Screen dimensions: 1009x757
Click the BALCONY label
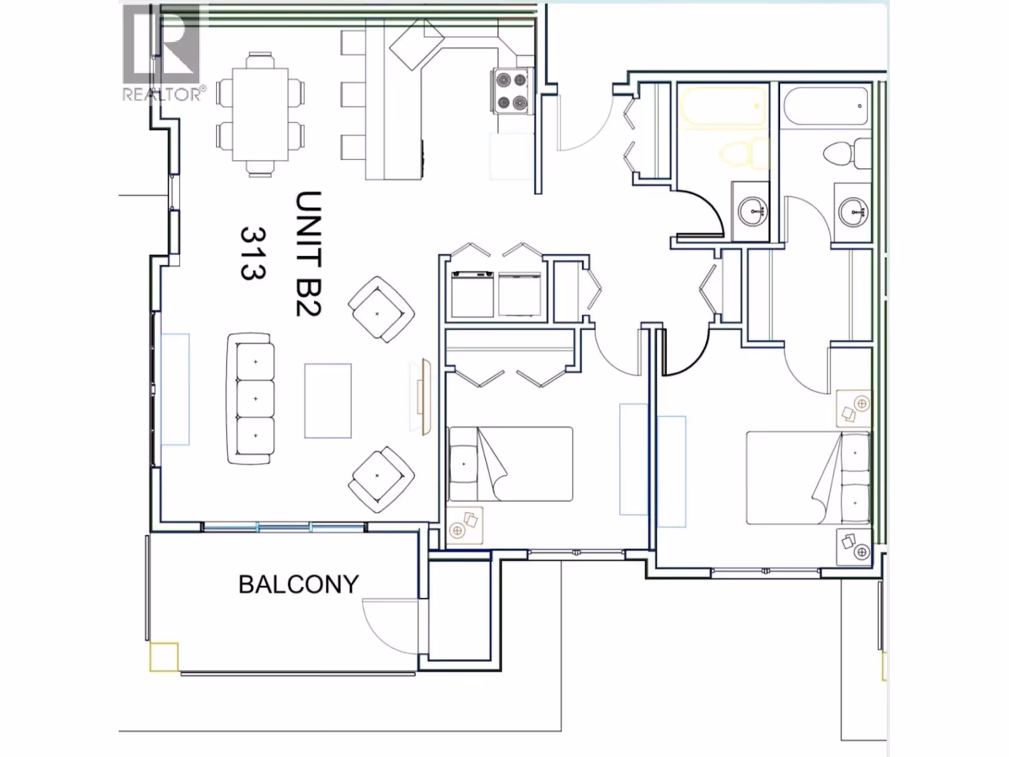pos(298,584)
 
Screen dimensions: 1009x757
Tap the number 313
pos(253,253)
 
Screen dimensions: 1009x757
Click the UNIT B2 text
pos(308,254)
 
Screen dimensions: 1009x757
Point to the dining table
pos(260,114)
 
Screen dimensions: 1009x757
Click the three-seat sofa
pos(250,399)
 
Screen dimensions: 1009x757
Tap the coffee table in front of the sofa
pos(328,401)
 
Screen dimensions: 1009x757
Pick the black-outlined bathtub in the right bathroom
pos(826,106)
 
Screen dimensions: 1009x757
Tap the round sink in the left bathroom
pos(753,212)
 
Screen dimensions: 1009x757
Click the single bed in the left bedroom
pos(511,464)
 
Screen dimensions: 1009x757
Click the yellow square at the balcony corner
pos(164,657)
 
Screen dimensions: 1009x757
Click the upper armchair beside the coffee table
pos(381,309)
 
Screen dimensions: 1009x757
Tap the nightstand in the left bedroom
pos(464,525)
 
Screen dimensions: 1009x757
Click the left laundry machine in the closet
pos(472,294)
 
